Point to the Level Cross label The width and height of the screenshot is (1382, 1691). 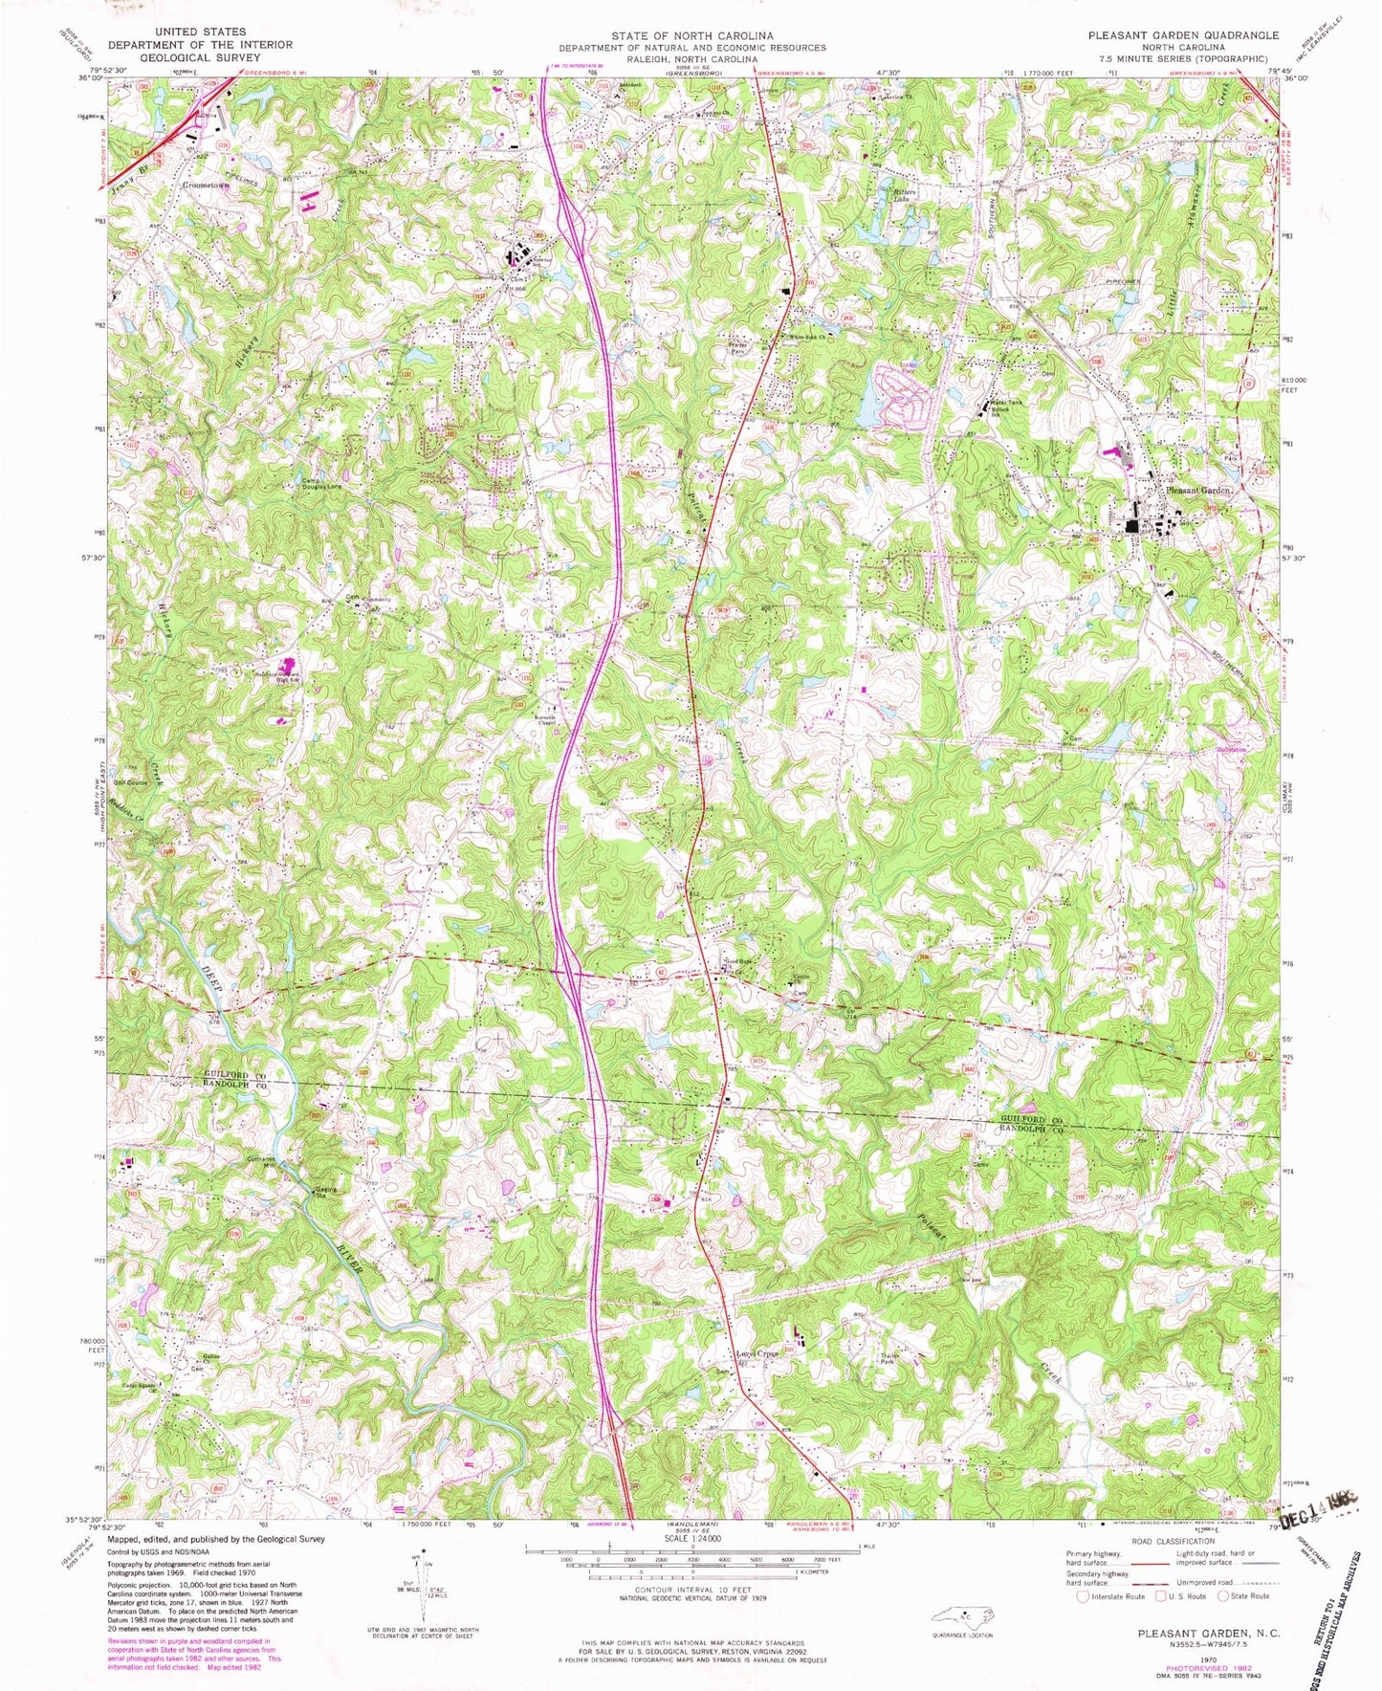click(754, 1354)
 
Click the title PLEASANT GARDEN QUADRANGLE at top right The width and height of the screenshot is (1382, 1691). click(1182, 35)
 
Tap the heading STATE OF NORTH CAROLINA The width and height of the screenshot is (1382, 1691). click(692, 35)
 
